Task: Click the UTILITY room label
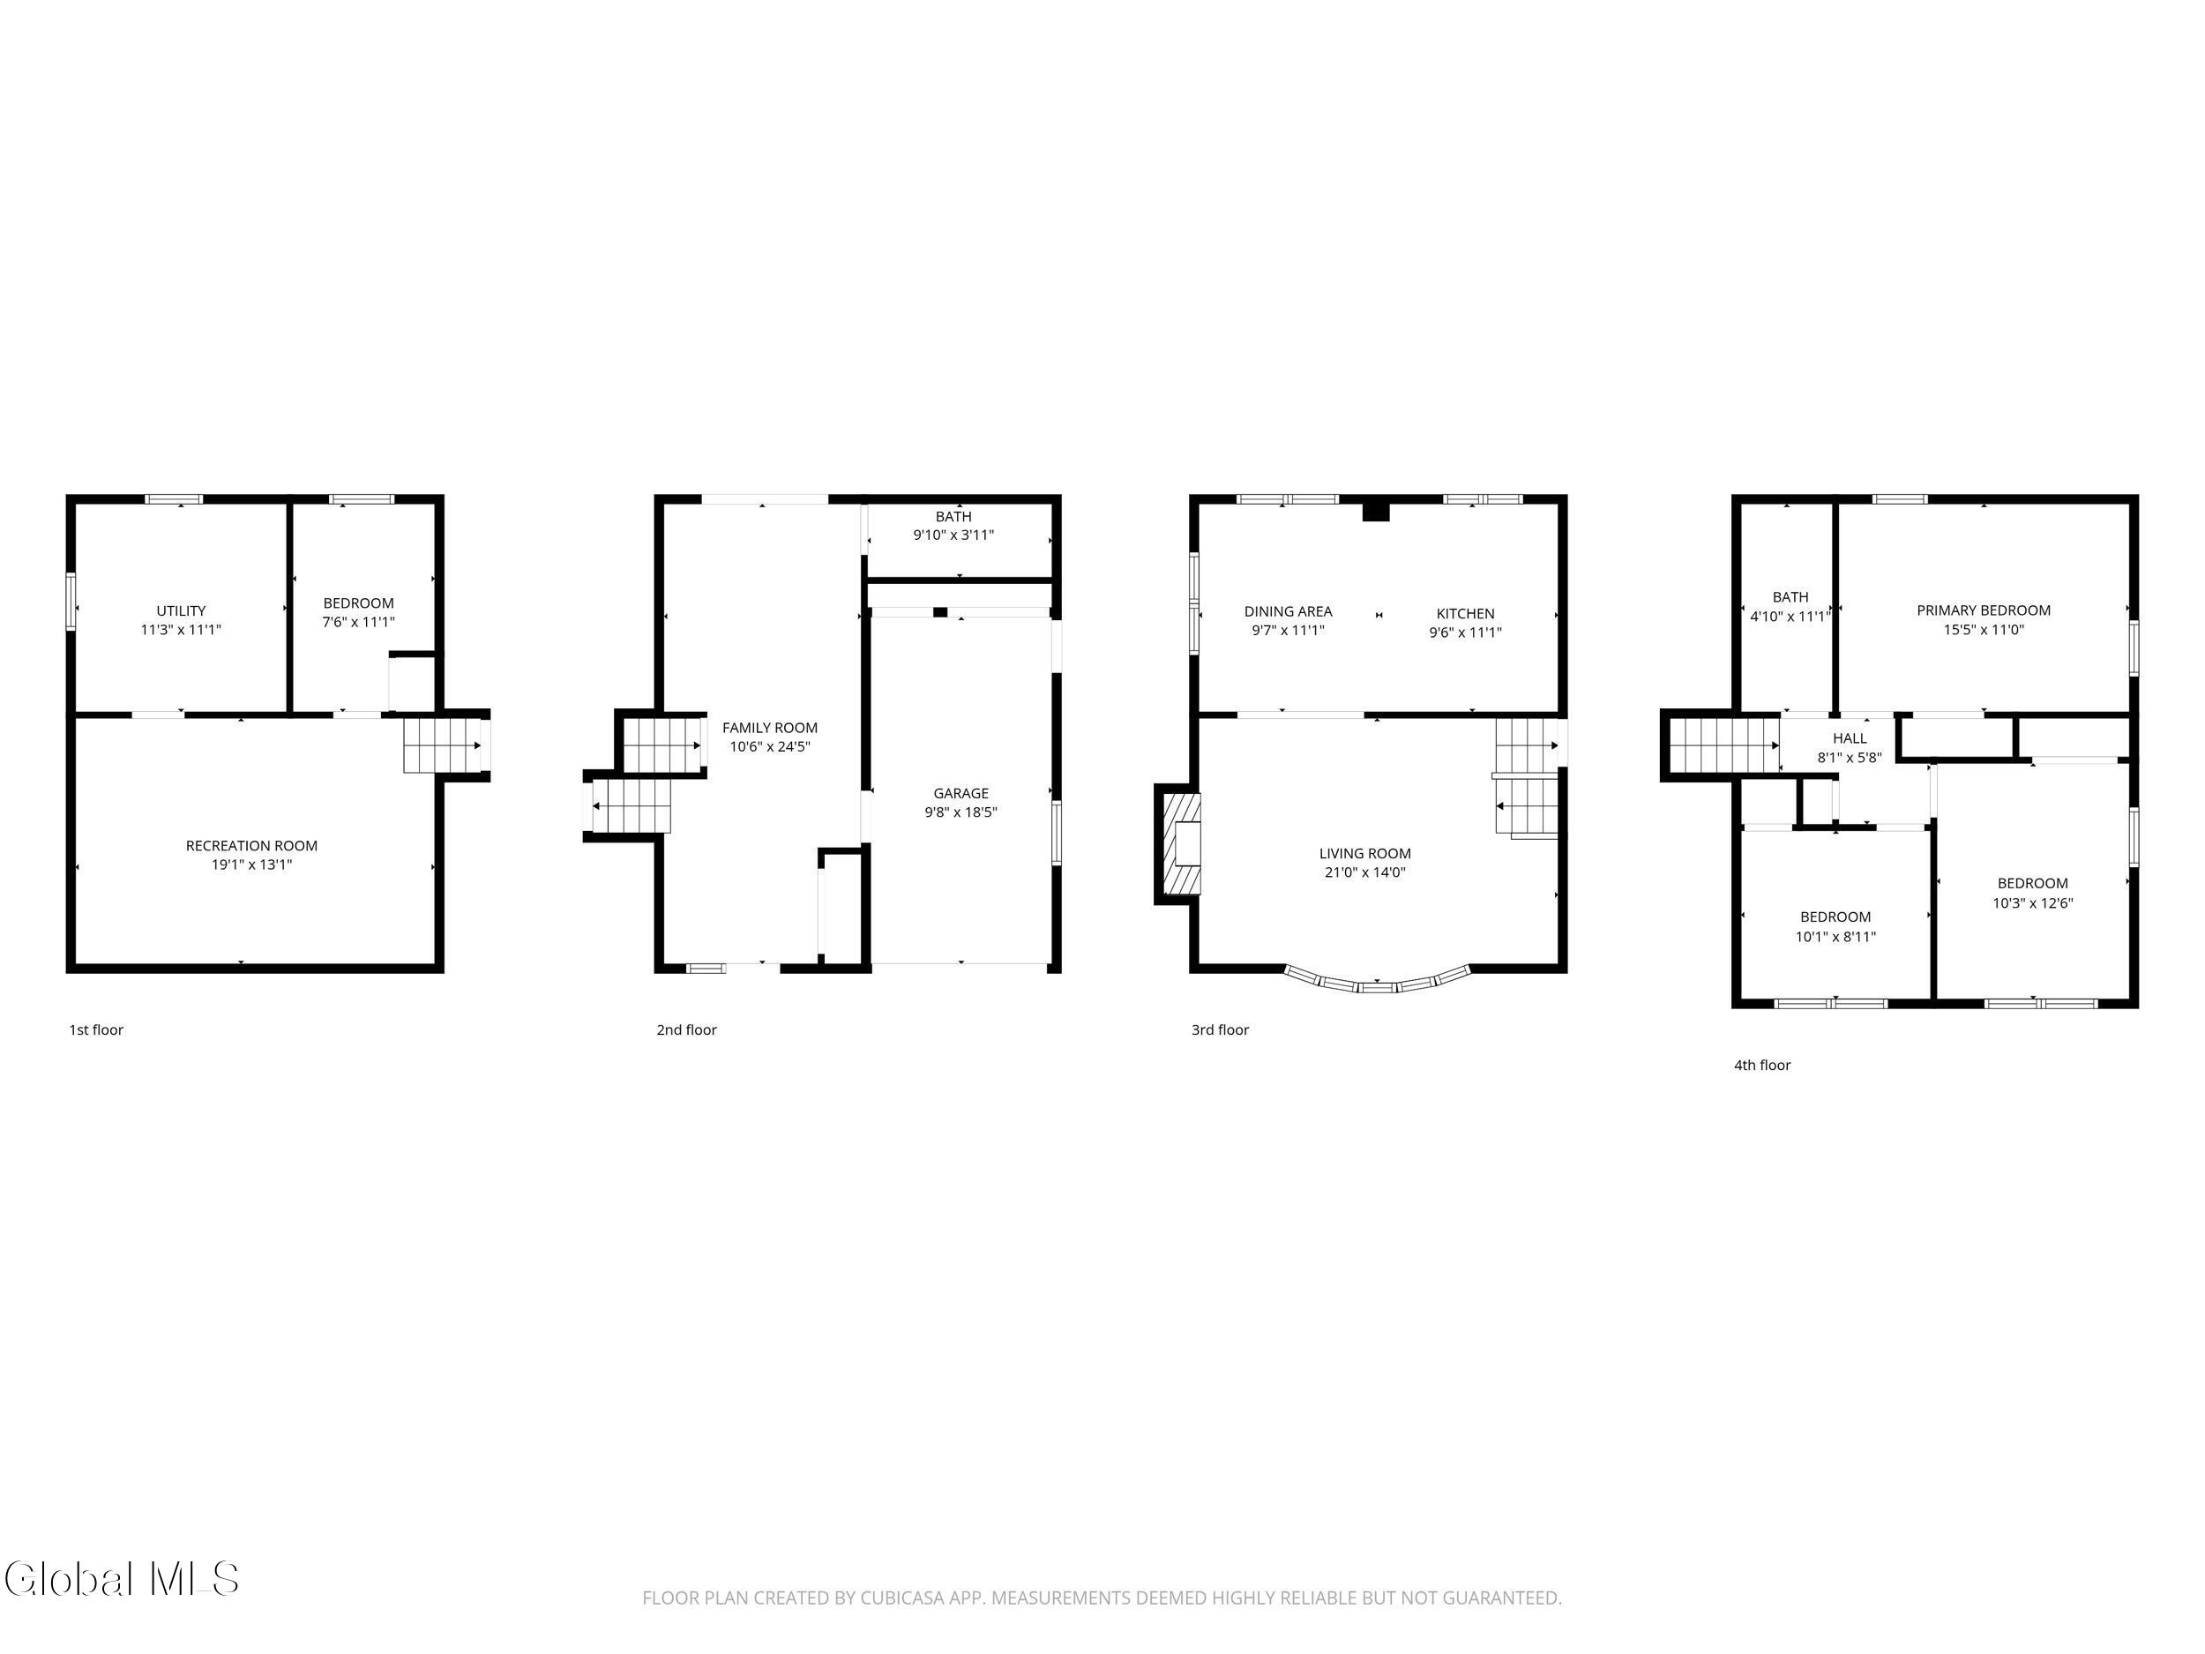tap(182, 611)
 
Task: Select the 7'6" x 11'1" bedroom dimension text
tap(359, 622)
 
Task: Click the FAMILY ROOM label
tap(770, 729)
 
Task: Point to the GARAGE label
tap(961, 794)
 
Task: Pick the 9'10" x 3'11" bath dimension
tap(954, 535)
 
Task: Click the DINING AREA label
tap(1288, 612)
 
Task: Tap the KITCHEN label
tap(1465, 614)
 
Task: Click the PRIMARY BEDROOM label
tap(1984, 611)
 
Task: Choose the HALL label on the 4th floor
tap(1850, 738)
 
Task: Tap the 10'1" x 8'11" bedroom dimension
tap(1835, 937)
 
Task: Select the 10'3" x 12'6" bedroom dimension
tap(2032, 904)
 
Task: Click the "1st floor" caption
tap(95, 1029)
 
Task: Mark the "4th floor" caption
tap(1762, 1065)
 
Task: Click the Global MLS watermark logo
tap(122, 1579)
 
